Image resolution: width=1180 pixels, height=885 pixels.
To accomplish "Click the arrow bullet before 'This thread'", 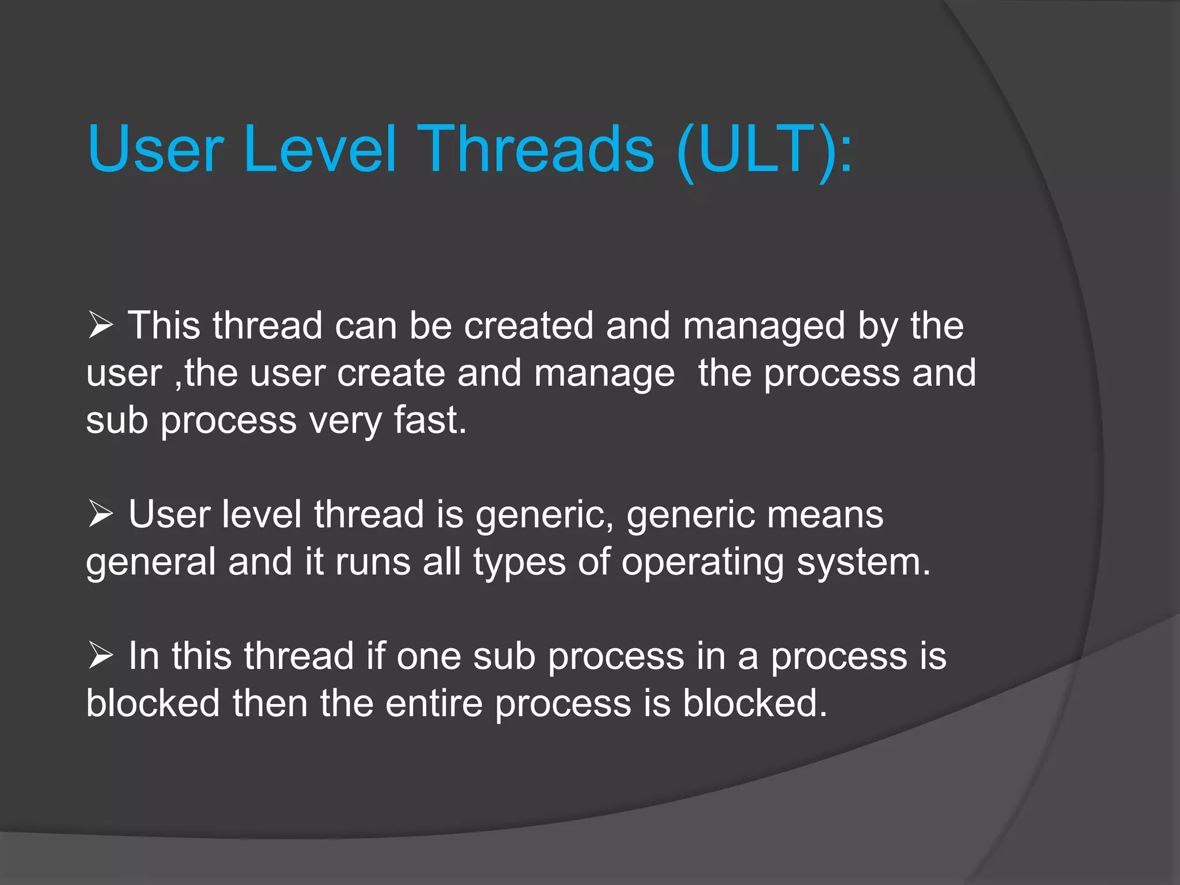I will click(101, 326).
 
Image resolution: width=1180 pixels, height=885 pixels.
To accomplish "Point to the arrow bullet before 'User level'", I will click(101, 514).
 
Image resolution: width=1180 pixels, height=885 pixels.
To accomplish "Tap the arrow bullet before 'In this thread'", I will click(101, 656).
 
